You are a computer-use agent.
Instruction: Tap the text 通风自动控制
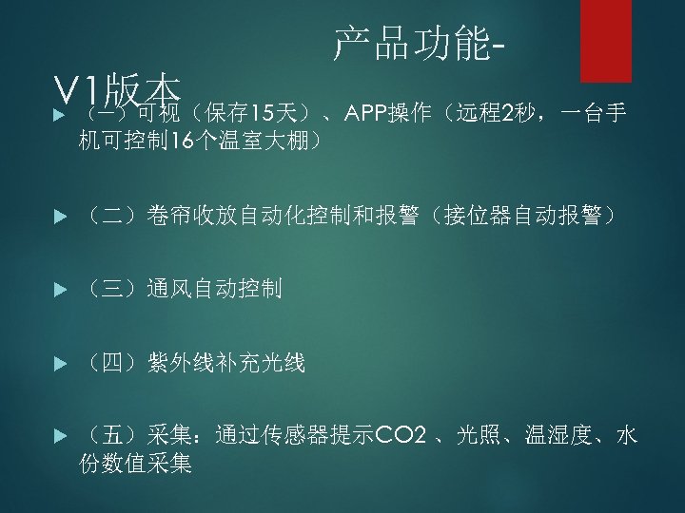point(214,290)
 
